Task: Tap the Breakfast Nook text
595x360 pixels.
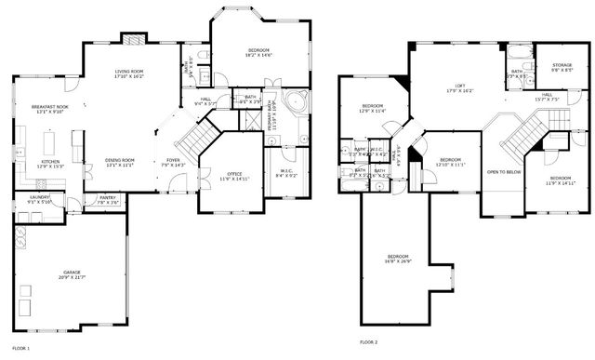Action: click(x=49, y=106)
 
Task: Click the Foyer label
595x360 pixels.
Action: click(x=174, y=160)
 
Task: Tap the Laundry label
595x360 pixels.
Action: click(x=39, y=197)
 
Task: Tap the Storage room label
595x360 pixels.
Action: click(x=555, y=66)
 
